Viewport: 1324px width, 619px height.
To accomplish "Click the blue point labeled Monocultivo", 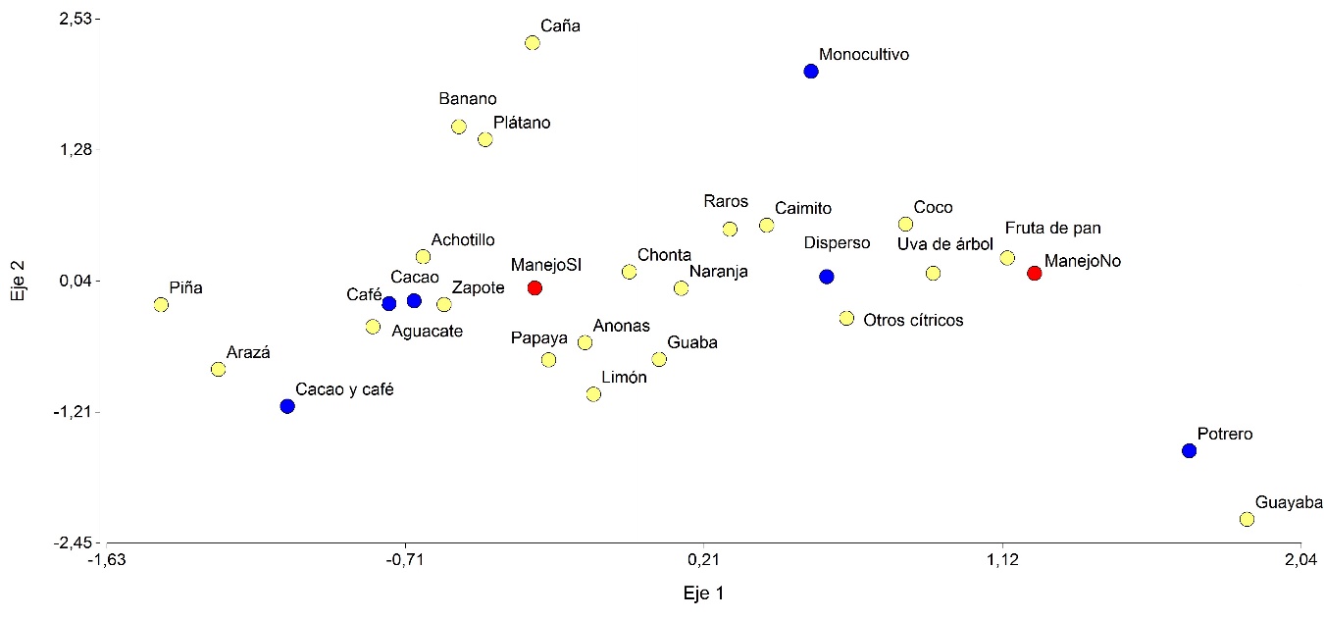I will (x=811, y=72).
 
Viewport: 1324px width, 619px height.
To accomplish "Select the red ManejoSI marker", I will (x=535, y=287).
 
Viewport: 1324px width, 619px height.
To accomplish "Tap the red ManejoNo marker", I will (x=1034, y=273).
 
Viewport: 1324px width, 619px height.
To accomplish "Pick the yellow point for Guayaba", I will (x=1247, y=519).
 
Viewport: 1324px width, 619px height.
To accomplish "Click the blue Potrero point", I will (x=1189, y=450).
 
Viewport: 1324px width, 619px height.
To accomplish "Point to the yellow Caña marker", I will (x=533, y=42).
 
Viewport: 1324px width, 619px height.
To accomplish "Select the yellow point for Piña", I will (x=161, y=304).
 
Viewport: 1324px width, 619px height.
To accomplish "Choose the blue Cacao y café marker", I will (x=287, y=406).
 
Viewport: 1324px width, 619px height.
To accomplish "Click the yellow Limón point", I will (x=593, y=394).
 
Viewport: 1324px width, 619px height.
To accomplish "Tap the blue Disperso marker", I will (x=827, y=277).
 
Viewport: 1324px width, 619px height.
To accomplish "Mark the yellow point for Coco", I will (x=905, y=225).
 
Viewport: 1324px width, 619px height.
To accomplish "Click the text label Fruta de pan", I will (x=1052, y=229).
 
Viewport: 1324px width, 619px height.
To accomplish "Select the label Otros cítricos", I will (x=913, y=321).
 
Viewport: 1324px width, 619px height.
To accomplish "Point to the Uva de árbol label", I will (x=945, y=244).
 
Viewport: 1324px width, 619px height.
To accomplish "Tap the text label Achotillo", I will (x=463, y=239).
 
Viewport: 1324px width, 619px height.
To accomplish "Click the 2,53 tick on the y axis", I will (x=78, y=19).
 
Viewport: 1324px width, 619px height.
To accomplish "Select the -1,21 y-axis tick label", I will (x=77, y=412).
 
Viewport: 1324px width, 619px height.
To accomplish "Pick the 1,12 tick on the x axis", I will (x=1002, y=560).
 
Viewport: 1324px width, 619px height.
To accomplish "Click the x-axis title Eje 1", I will (x=703, y=593).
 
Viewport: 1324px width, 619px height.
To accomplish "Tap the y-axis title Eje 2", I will (x=17, y=280).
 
